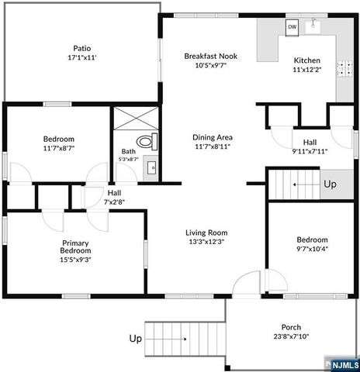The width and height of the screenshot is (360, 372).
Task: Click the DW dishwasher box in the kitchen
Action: (x=292, y=27)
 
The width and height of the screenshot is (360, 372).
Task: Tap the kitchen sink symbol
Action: (x=314, y=27)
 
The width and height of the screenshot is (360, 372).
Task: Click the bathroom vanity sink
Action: (x=151, y=167)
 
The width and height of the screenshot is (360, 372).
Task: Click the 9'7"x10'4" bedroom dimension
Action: (x=312, y=249)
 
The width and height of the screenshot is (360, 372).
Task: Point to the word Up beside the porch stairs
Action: (x=135, y=339)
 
